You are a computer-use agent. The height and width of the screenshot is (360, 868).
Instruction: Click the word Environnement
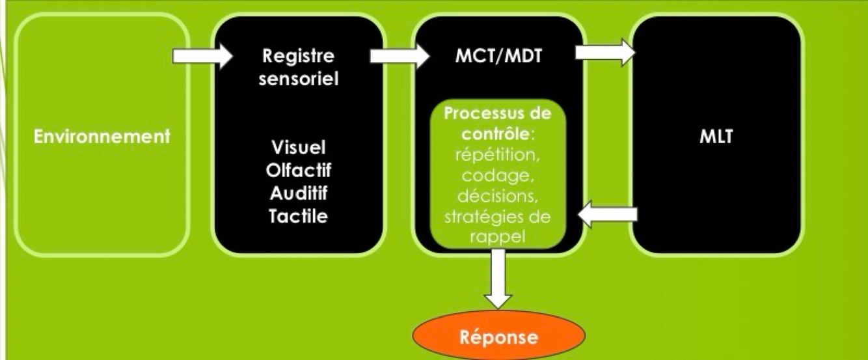point(102,137)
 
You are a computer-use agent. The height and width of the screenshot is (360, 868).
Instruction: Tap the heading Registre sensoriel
point(297,69)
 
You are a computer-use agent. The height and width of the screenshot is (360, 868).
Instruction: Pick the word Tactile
point(299,216)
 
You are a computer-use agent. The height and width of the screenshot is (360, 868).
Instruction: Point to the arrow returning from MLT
point(607,215)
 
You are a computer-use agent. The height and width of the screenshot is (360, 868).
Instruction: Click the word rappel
point(497,236)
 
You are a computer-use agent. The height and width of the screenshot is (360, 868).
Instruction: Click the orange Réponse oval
point(499,337)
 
